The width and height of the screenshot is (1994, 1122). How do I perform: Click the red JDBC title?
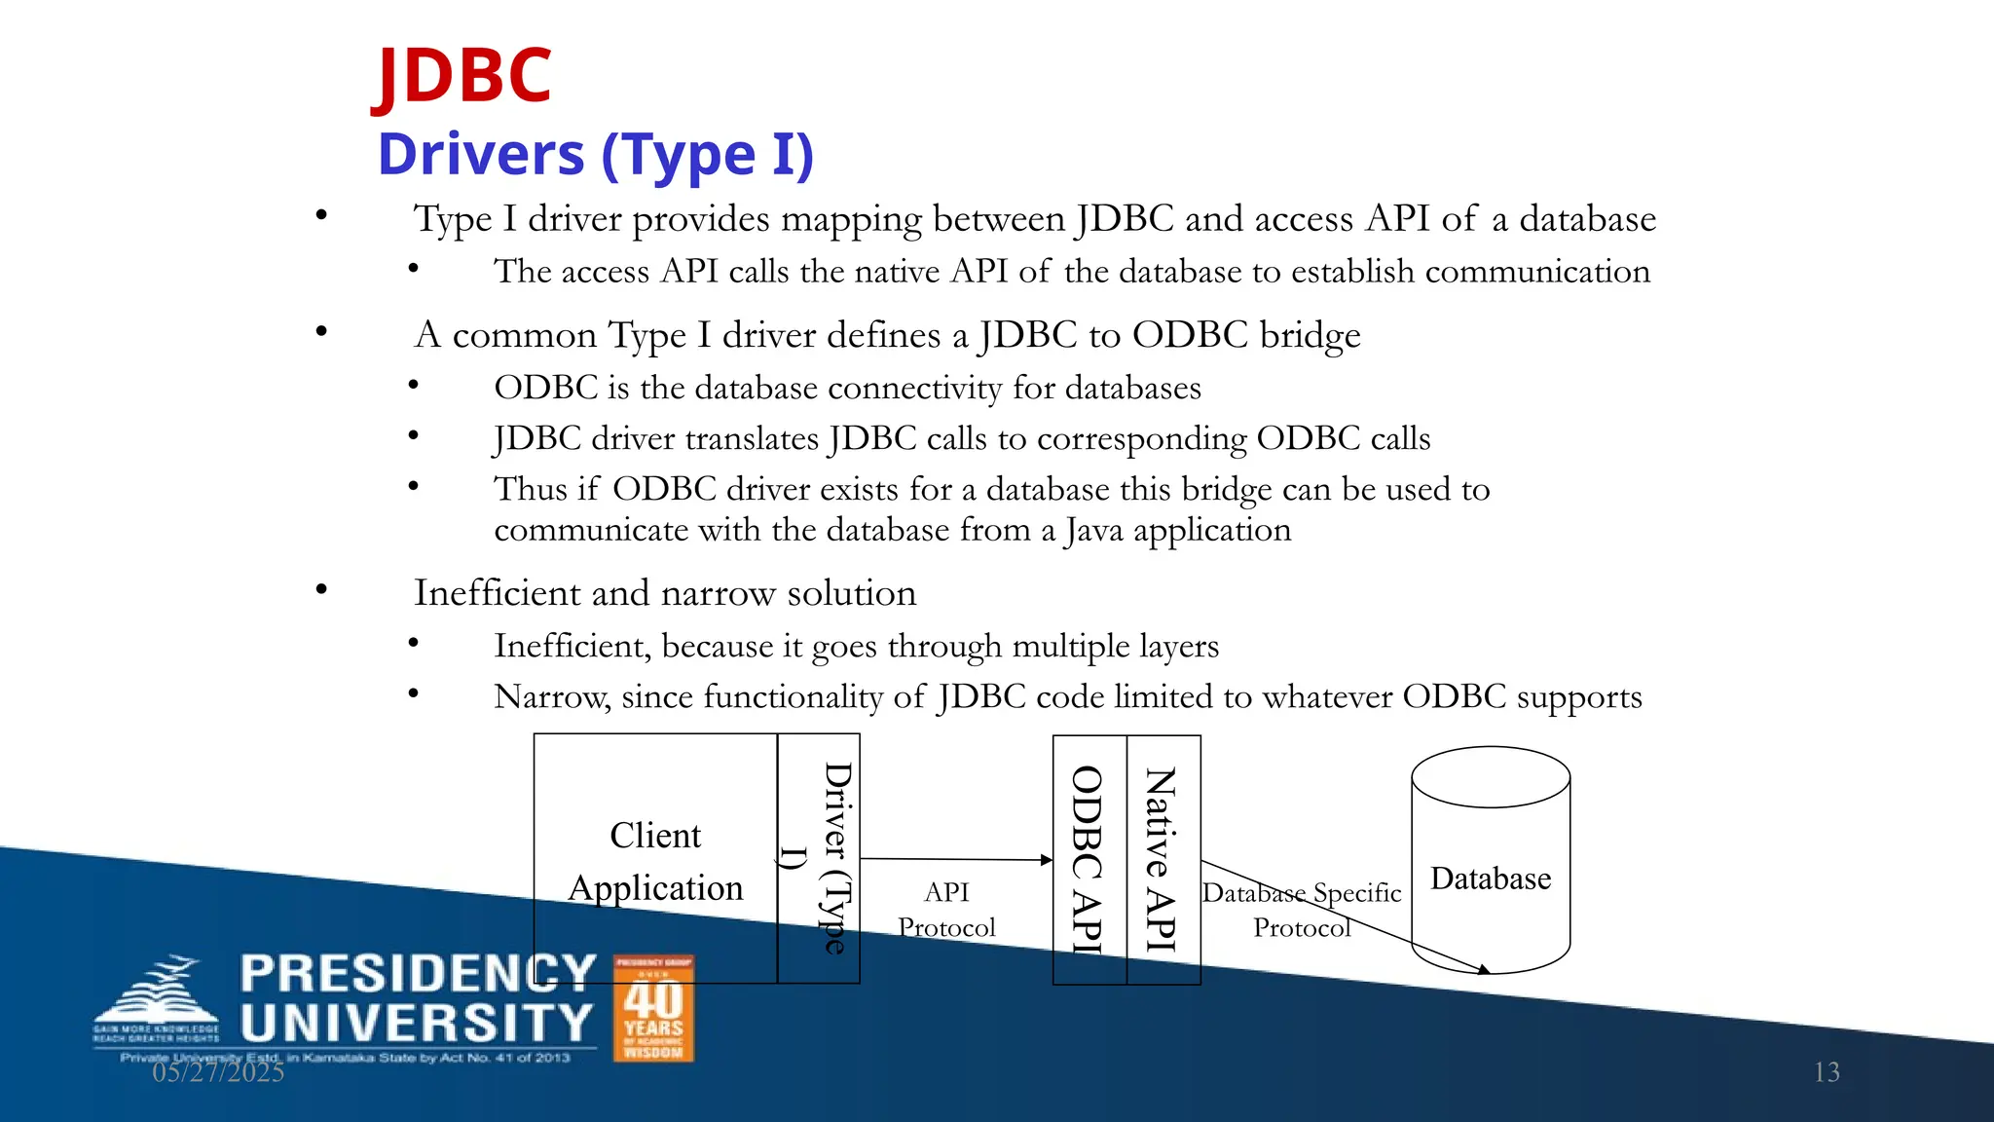point(463,76)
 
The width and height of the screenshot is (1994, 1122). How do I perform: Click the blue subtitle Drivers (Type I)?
point(595,155)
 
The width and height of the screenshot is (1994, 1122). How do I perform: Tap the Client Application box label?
point(655,861)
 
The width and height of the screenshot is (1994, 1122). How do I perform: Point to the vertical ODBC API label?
point(1088,859)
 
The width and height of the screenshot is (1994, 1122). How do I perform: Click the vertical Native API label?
point(1161,859)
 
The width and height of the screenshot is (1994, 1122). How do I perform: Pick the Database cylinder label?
point(1490,879)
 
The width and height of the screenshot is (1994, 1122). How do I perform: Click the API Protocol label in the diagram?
point(946,910)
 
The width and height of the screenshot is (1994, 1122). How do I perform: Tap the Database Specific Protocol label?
point(1302,910)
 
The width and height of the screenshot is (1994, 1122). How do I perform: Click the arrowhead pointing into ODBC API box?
point(1047,860)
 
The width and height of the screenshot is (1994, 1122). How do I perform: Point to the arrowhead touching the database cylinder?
point(1483,969)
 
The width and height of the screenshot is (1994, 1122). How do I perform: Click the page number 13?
point(1827,1072)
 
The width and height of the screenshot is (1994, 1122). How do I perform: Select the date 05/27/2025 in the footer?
point(218,1072)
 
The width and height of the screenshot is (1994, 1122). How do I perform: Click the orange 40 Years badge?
point(653,1008)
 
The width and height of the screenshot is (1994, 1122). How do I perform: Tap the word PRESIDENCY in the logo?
point(418,973)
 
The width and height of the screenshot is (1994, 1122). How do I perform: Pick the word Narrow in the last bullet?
point(551,696)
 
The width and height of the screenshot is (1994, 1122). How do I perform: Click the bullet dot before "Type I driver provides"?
point(321,215)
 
